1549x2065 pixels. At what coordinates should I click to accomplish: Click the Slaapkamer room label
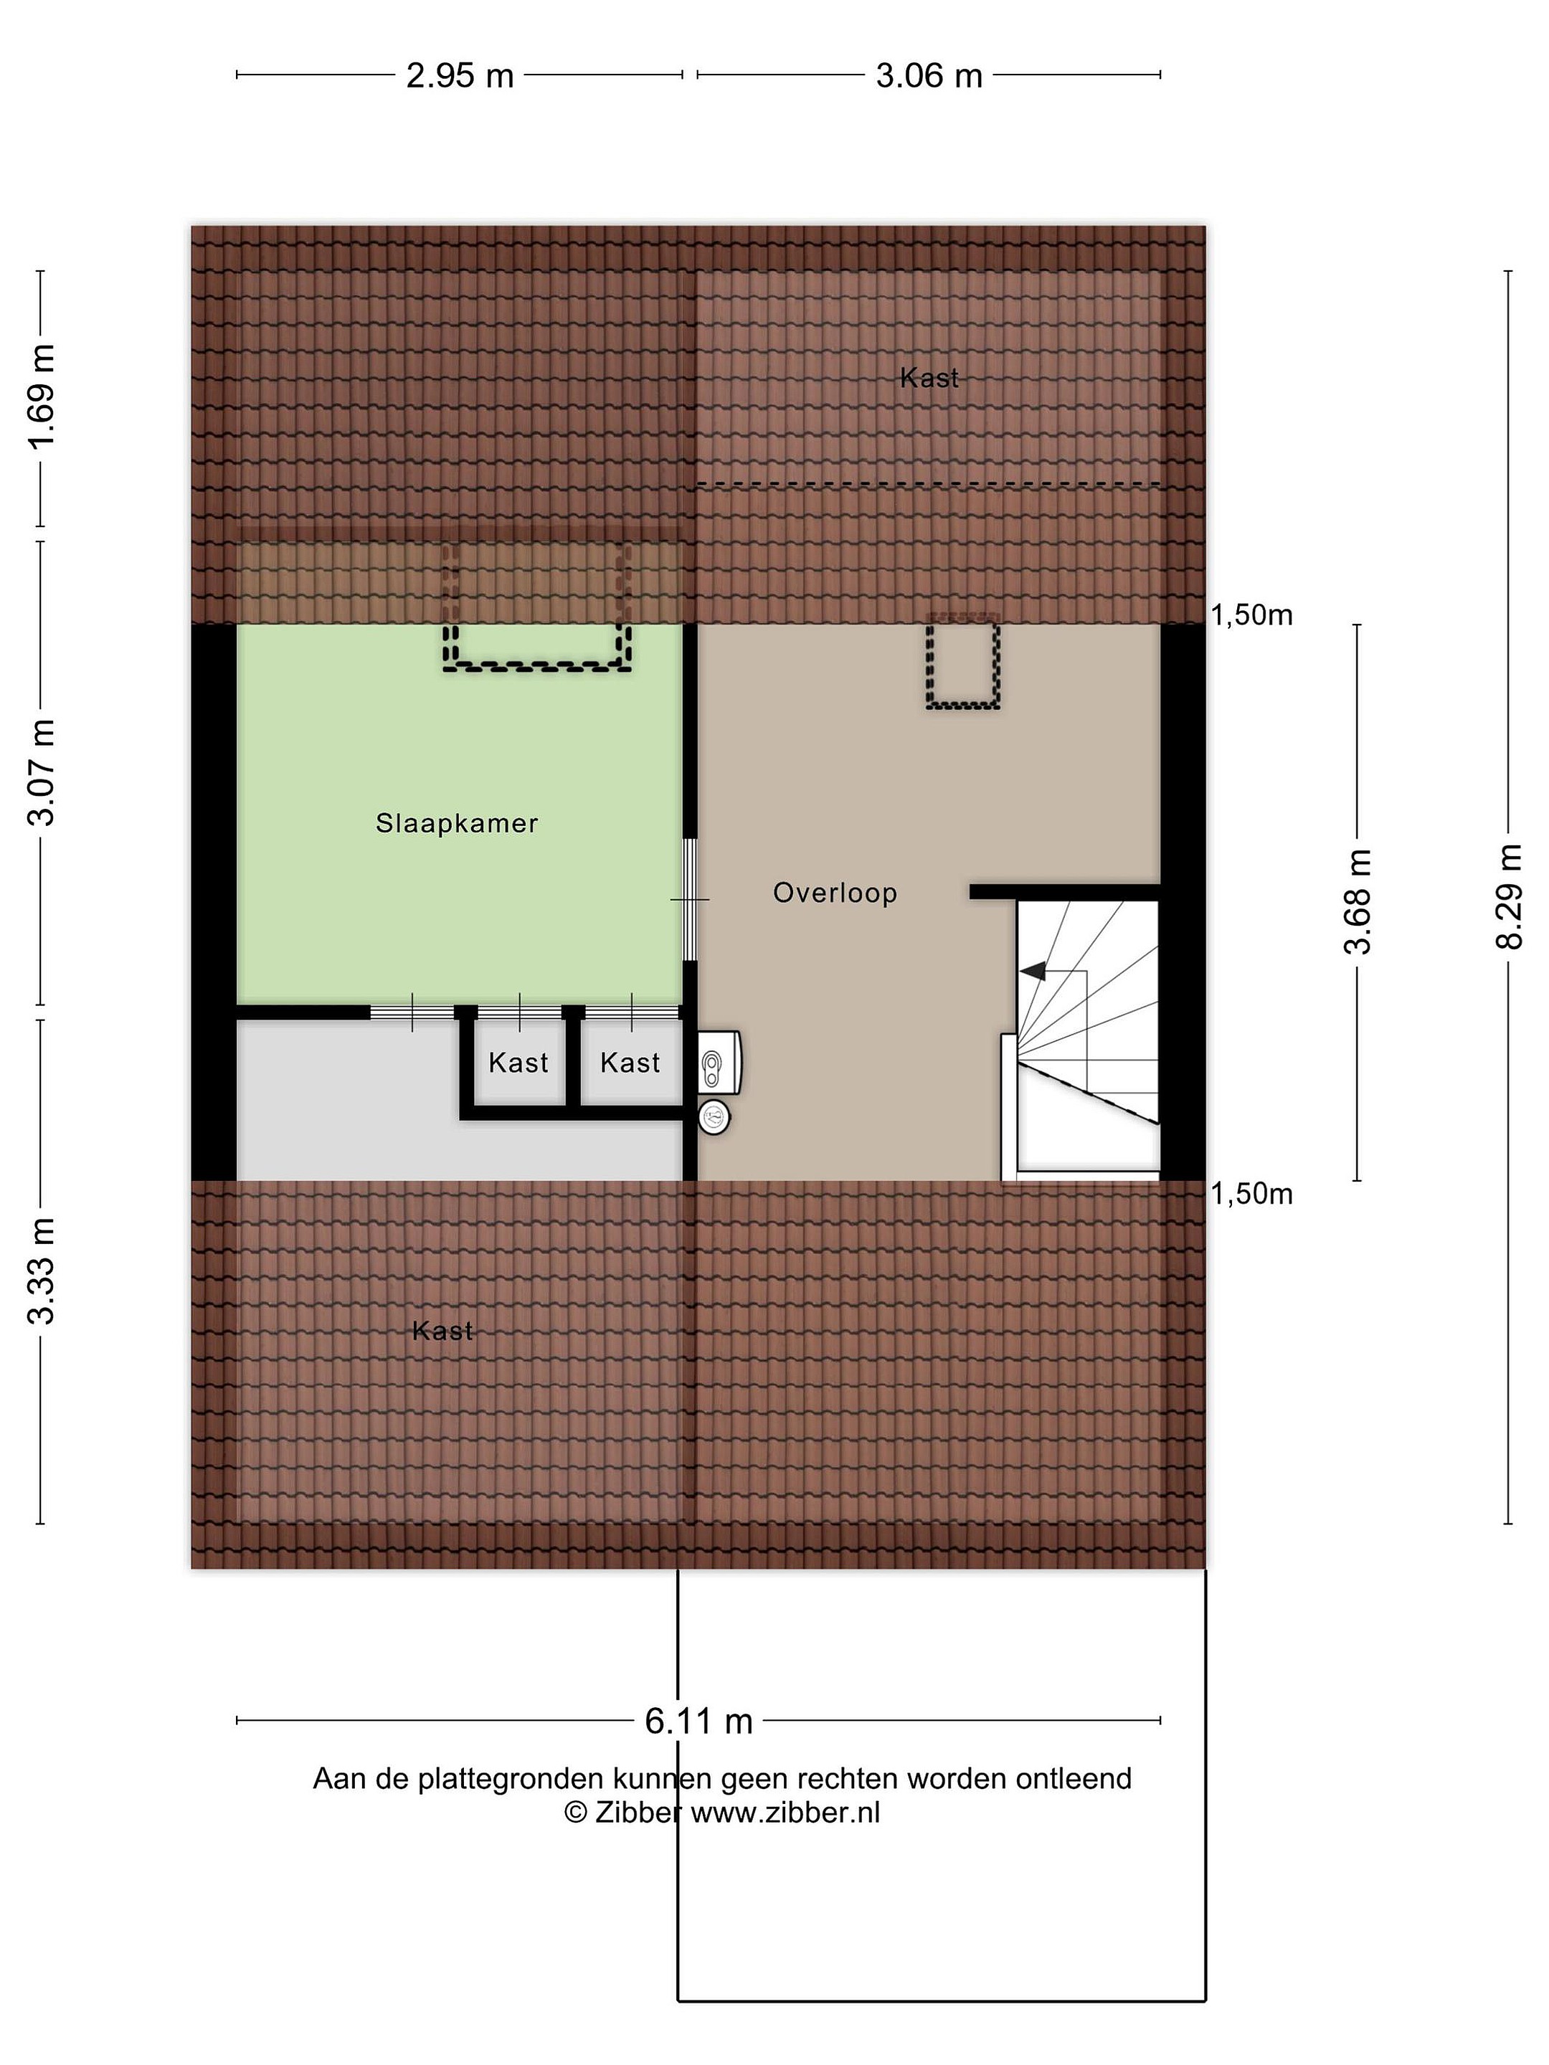click(x=457, y=823)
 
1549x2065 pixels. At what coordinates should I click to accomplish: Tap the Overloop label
click(x=835, y=893)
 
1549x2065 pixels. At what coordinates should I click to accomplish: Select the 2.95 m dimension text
click(x=460, y=75)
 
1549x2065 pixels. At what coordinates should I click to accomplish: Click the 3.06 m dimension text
click(x=929, y=75)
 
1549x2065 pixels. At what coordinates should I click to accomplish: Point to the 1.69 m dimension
click(x=42, y=397)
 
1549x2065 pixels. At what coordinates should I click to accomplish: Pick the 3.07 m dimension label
click(x=42, y=774)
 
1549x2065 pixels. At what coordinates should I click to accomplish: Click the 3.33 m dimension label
click(x=42, y=1271)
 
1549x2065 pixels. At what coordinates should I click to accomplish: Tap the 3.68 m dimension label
click(x=1358, y=902)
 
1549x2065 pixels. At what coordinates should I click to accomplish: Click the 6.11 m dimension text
click(x=698, y=1721)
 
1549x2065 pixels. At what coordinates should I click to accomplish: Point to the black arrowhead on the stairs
click(x=1033, y=971)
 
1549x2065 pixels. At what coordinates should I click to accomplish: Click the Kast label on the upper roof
click(x=929, y=378)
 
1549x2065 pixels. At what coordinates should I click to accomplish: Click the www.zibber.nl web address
click(x=785, y=1812)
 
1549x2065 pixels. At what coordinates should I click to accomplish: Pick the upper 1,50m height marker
click(x=1252, y=615)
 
